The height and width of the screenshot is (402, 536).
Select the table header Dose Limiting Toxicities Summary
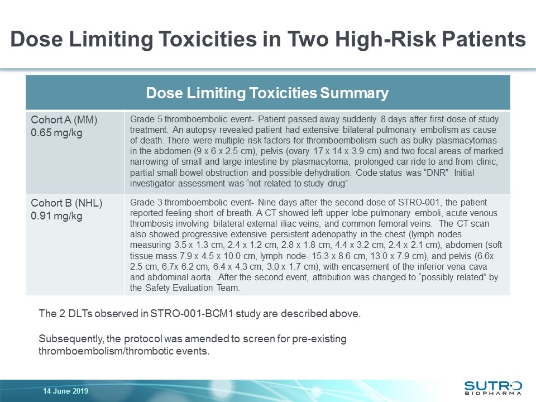coord(267,93)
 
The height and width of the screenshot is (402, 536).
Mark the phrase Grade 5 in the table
coord(146,120)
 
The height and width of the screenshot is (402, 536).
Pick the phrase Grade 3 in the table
coord(146,202)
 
